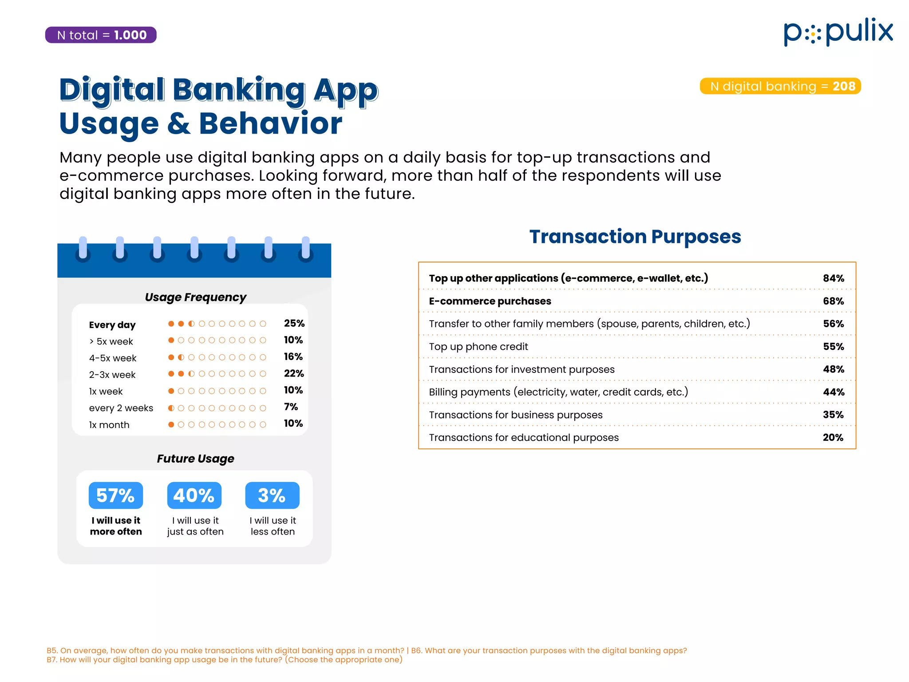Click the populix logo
838,32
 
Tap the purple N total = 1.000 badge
101,35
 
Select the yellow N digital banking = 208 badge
780,86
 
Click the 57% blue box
115,496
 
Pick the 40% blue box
194,496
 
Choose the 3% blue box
272,496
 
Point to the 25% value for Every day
294,323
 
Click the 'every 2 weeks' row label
121,408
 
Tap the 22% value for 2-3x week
294,373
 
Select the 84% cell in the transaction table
833,278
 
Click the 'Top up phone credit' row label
478,347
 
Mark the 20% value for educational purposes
833,437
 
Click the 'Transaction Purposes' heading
635,237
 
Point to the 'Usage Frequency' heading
195,297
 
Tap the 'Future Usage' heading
195,459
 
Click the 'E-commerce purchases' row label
490,301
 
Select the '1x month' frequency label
109,425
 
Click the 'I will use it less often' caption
273,526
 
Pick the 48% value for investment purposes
833,369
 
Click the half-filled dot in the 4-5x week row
181,357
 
